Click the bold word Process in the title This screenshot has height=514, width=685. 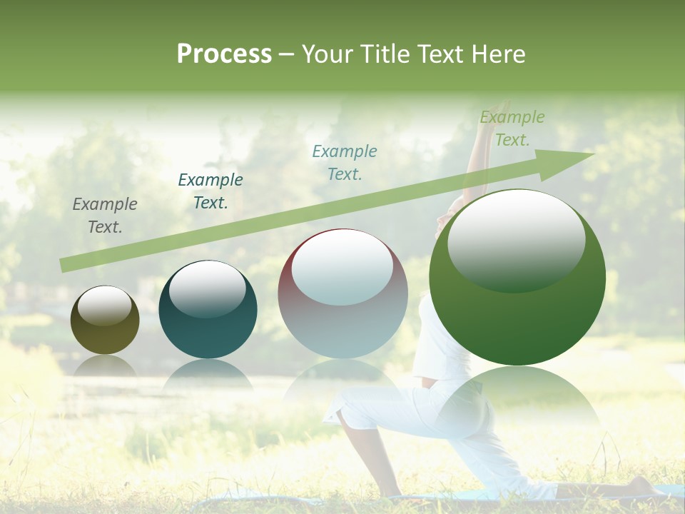coord(224,54)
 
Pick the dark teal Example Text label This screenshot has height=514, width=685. coord(210,191)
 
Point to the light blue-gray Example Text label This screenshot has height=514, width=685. coord(345,162)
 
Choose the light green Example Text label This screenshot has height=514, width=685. coord(512,128)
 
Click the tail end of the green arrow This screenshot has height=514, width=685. coord(64,265)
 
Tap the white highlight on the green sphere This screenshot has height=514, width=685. coord(516,239)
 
